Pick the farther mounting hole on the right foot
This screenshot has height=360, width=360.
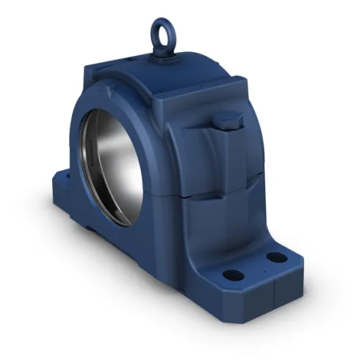[275, 257]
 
